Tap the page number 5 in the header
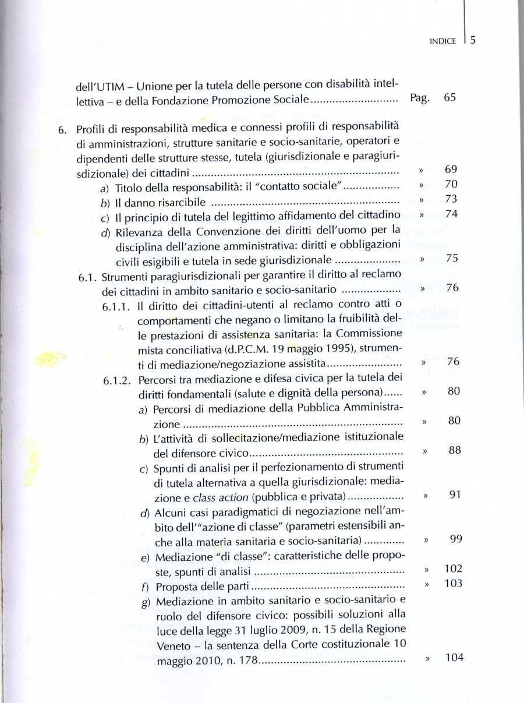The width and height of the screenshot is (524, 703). click(x=473, y=40)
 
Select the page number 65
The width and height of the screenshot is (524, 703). click(x=449, y=98)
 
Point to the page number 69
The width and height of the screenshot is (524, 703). click(x=451, y=170)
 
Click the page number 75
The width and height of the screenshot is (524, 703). click(x=451, y=259)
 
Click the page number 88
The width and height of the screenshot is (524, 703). click(x=455, y=450)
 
